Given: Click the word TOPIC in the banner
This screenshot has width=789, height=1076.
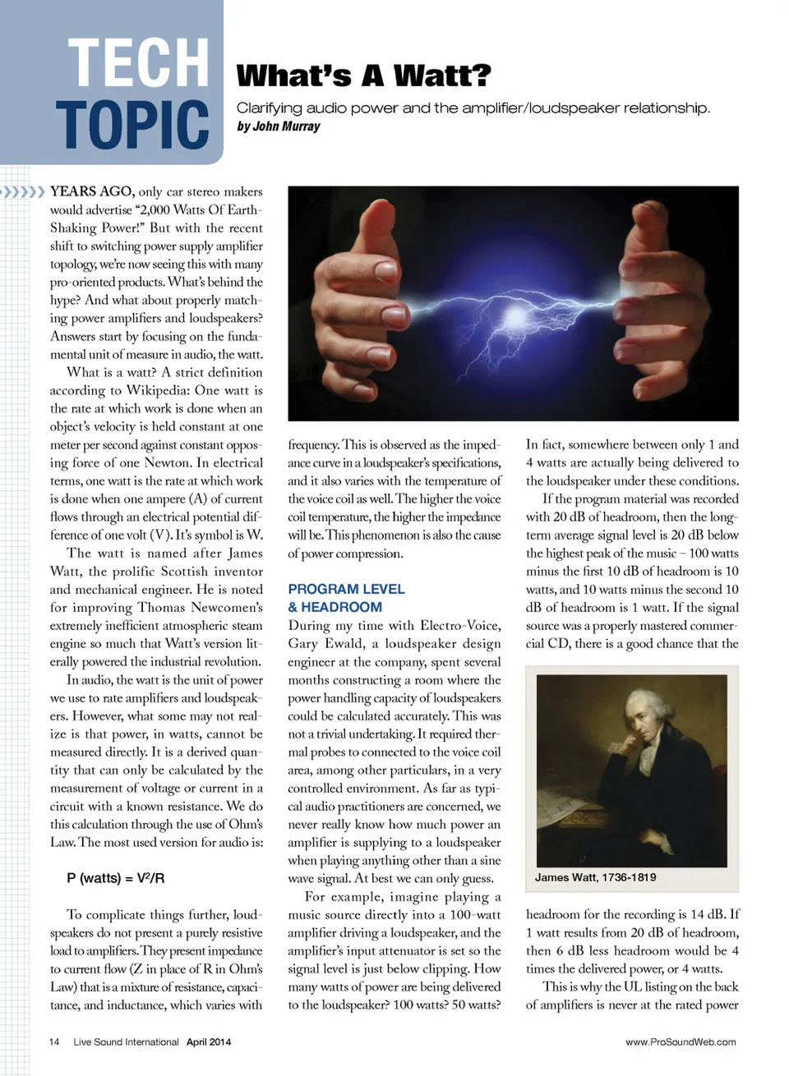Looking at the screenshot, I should pos(133,125).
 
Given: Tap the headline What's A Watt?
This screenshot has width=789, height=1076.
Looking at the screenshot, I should pos(363,76).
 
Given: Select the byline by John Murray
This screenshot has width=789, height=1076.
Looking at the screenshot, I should pos(278,126).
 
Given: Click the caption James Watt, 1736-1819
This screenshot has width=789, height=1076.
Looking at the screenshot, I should pos(595,877).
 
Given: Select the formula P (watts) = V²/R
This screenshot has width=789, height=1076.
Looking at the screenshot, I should pos(116,878).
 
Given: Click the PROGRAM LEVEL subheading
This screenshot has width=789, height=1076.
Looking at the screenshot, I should pos(346,589).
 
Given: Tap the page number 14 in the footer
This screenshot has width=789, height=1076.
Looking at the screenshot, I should pos(54,1042).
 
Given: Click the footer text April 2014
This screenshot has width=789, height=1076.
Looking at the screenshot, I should pos(209,1042).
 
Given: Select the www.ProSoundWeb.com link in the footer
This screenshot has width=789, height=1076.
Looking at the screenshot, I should pos(681,1042).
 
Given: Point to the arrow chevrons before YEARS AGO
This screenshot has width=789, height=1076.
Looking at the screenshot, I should pos(22,192).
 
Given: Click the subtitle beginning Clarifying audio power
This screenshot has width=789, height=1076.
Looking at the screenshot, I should pos(473,108).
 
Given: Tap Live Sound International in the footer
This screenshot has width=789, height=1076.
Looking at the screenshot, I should pos(126,1042).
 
